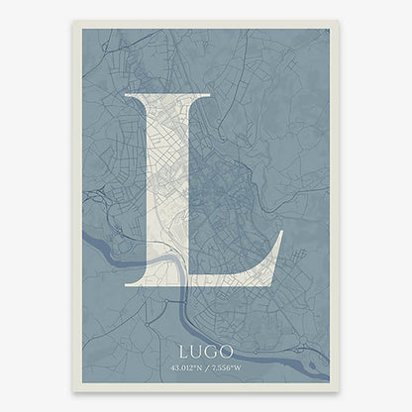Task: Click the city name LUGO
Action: (x=206, y=351)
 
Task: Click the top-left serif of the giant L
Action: (x=130, y=96)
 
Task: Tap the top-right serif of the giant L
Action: (x=203, y=96)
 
